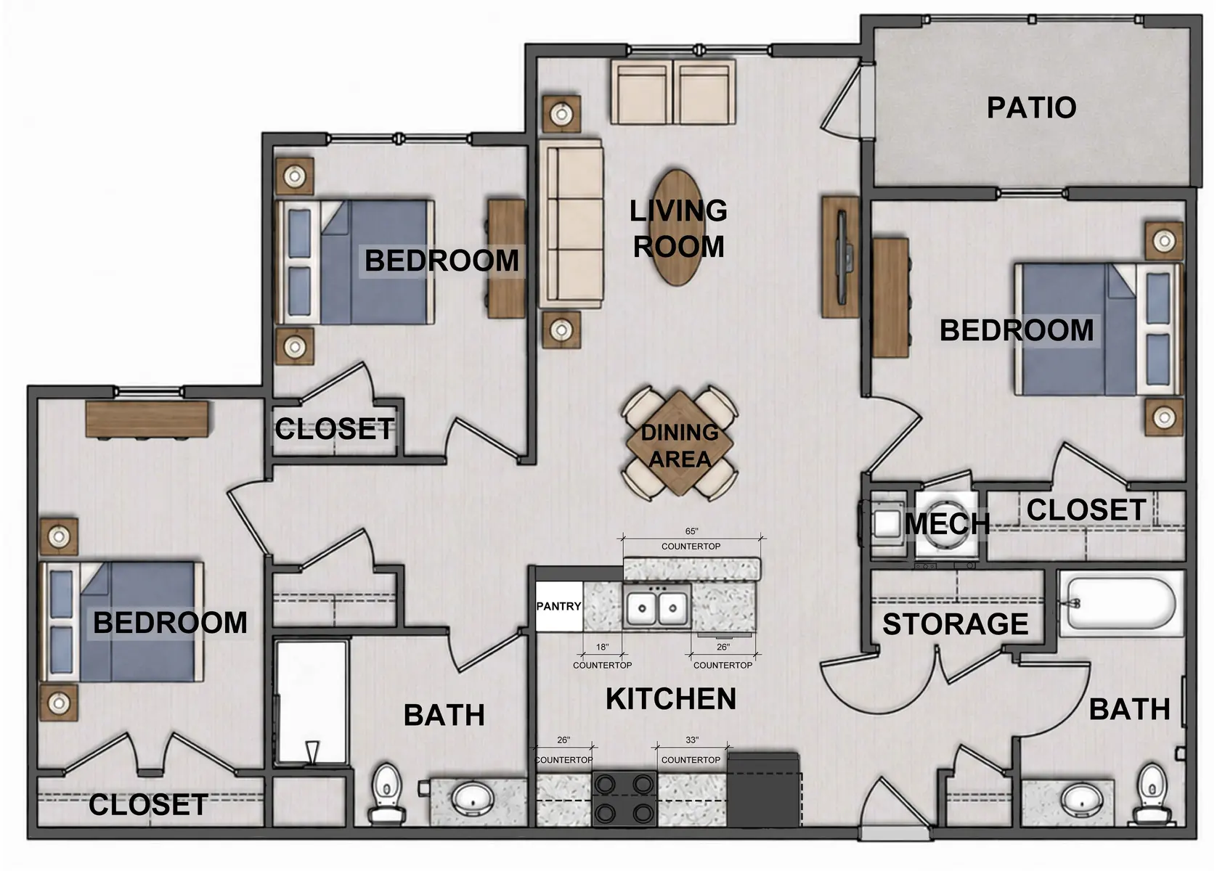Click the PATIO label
[x=1031, y=107]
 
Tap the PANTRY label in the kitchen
[x=558, y=606]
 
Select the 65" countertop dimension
[x=691, y=531]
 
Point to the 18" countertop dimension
[x=602, y=647]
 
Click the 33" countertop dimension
[x=692, y=740]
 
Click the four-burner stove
[x=624, y=798]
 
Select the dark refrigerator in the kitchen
[x=763, y=790]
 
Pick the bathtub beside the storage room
[x=1121, y=604]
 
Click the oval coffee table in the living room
[x=677, y=227]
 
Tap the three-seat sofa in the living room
[x=571, y=224]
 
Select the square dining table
[x=679, y=443]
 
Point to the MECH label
[x=947, y=524]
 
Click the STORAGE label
[x=956, y=624]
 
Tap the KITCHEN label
[x=671, y=699]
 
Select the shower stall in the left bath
[x=312, y=703]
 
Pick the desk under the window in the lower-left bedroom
[x=147, y=420]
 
